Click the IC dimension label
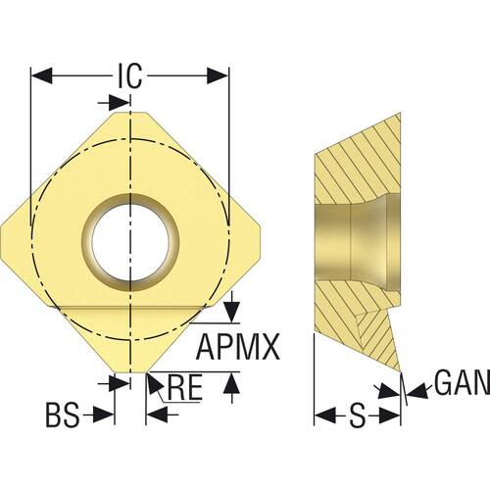[x=130, y=74]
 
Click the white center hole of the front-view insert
[x=130, y=238]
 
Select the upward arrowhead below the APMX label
[x=230, y=385]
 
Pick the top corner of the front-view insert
[x=130, y=110]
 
